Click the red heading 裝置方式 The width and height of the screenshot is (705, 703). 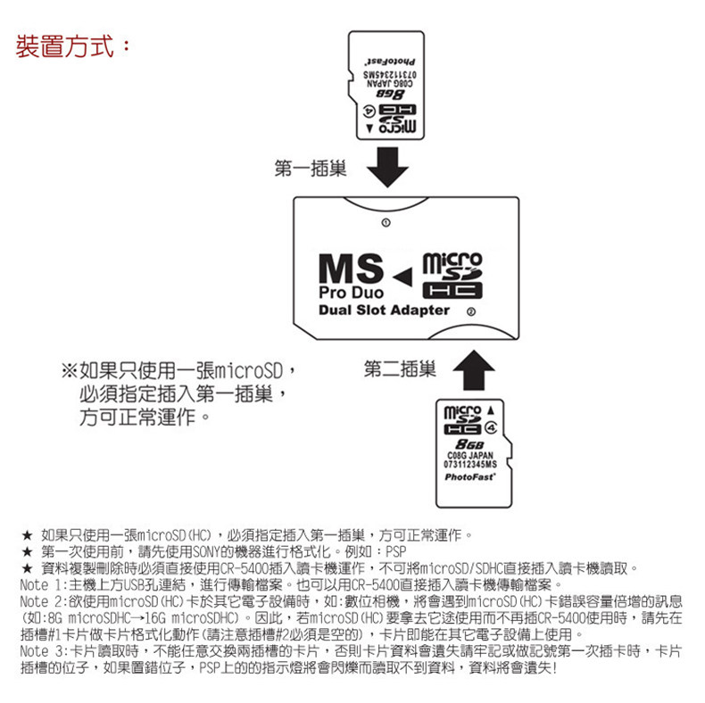[x=65, y=46]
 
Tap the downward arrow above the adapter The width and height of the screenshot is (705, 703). [x=387, y=167]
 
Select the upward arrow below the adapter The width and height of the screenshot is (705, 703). [x=474, y=370]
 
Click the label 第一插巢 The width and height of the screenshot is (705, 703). [x=311, y=169]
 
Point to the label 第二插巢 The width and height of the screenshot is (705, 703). [x=400, y=369]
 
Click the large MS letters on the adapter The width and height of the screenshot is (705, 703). [x=351, y=269]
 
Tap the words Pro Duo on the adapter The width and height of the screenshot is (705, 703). [x=351, y=293]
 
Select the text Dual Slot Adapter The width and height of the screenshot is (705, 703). [x=384, y=310]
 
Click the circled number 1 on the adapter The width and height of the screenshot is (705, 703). [x=386, y=222]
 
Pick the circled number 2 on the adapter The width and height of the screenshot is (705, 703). [x=471, y=311]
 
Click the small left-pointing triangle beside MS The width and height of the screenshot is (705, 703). [x=402, y=277]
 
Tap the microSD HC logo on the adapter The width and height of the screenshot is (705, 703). [x=452, y=276]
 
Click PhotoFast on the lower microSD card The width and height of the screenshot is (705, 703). [x=469, y=477]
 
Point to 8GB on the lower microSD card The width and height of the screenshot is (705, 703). [x=469, y=444]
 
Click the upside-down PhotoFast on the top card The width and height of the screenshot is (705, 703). [x=389, y=62]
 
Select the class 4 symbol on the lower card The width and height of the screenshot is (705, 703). [x=491, y=428]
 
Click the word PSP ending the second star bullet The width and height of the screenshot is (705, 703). [x=396, y=551]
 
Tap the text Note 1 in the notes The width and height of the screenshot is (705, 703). [x=40, y=584]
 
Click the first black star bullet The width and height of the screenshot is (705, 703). [x=28, y=535]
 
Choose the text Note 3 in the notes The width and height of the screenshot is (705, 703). [x=40, y=651]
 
